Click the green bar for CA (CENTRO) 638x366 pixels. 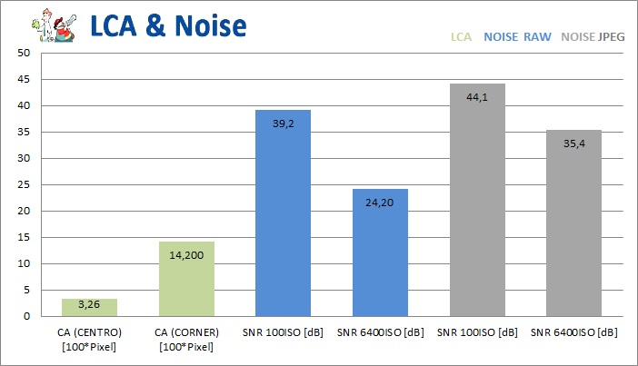pyautogui.click(x=89, y=307)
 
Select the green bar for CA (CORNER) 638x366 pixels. pyautogui.click(x=185, y=279)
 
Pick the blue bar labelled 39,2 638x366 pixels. pyautogui.click(x=284, y=213)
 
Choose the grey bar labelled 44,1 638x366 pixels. pyautogui.click(x=477, y=200)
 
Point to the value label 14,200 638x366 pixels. pyautogui.click(x=185, y=255)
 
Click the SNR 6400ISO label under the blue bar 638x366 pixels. pyautogui.click(x=380, y=331)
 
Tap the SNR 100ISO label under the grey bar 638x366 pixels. pyautogui.click(x=477, y=331)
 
